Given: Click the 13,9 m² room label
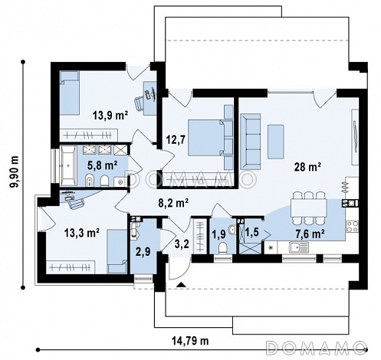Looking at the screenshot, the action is (110, 116).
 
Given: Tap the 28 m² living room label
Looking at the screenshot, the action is (307, 167).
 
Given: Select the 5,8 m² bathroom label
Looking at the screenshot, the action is (103, 165).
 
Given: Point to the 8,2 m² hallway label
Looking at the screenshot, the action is (173, 204).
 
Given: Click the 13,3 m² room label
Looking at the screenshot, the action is (82, 233).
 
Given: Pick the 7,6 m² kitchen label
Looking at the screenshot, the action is (310, 234).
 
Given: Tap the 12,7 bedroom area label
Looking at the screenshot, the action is (176, 140).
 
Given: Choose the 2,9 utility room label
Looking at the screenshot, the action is (143, 252).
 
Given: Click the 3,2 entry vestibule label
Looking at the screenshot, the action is (182, 244).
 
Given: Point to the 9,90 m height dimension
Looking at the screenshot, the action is (15, 172).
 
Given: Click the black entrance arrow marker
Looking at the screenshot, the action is (181, 284).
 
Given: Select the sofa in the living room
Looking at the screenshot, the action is (251, 142).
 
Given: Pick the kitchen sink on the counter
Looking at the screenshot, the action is (299, 247).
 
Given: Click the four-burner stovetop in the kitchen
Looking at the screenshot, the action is (353, 227).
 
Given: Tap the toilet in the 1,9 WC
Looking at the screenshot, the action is (223, 248).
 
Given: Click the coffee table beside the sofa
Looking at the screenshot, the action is (276, 142).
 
